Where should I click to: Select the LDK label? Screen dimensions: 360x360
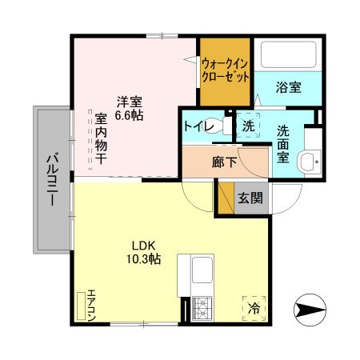(x=144, y=246)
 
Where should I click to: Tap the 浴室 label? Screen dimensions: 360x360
(x=289, y=87)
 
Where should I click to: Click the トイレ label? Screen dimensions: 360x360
(x=197, y=126)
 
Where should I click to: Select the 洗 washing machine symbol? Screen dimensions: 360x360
(x=248, y=126)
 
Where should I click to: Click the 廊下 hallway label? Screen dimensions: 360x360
(x=223, y=160)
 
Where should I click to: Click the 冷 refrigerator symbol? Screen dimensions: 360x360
(x=254, y=306)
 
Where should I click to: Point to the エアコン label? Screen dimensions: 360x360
(x=91, y=304)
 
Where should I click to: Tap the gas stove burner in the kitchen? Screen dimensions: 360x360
(x=202, y=306)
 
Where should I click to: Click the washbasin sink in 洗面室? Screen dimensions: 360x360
(x=307, y=162)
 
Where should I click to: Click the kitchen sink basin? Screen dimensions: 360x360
(x=202, y=269)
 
